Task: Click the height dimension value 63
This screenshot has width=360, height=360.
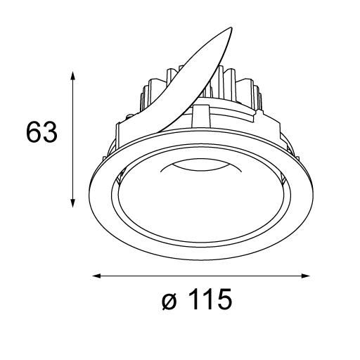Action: [x=41, y=132]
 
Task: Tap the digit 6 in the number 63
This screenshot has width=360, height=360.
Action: [x=34, y=132]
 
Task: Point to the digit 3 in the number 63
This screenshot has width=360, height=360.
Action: [x=50, y=132]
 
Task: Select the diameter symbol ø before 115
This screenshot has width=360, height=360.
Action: [x=169, y=300]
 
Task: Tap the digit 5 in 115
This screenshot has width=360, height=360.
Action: [x=224, y=299]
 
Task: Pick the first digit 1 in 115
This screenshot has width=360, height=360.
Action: [x=193, y=299]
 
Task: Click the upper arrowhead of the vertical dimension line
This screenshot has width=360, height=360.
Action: [x=73, y=76]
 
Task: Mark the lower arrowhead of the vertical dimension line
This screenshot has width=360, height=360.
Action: [x=73, y=202]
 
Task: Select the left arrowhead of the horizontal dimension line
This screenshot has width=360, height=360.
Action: [x=97, y=276]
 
